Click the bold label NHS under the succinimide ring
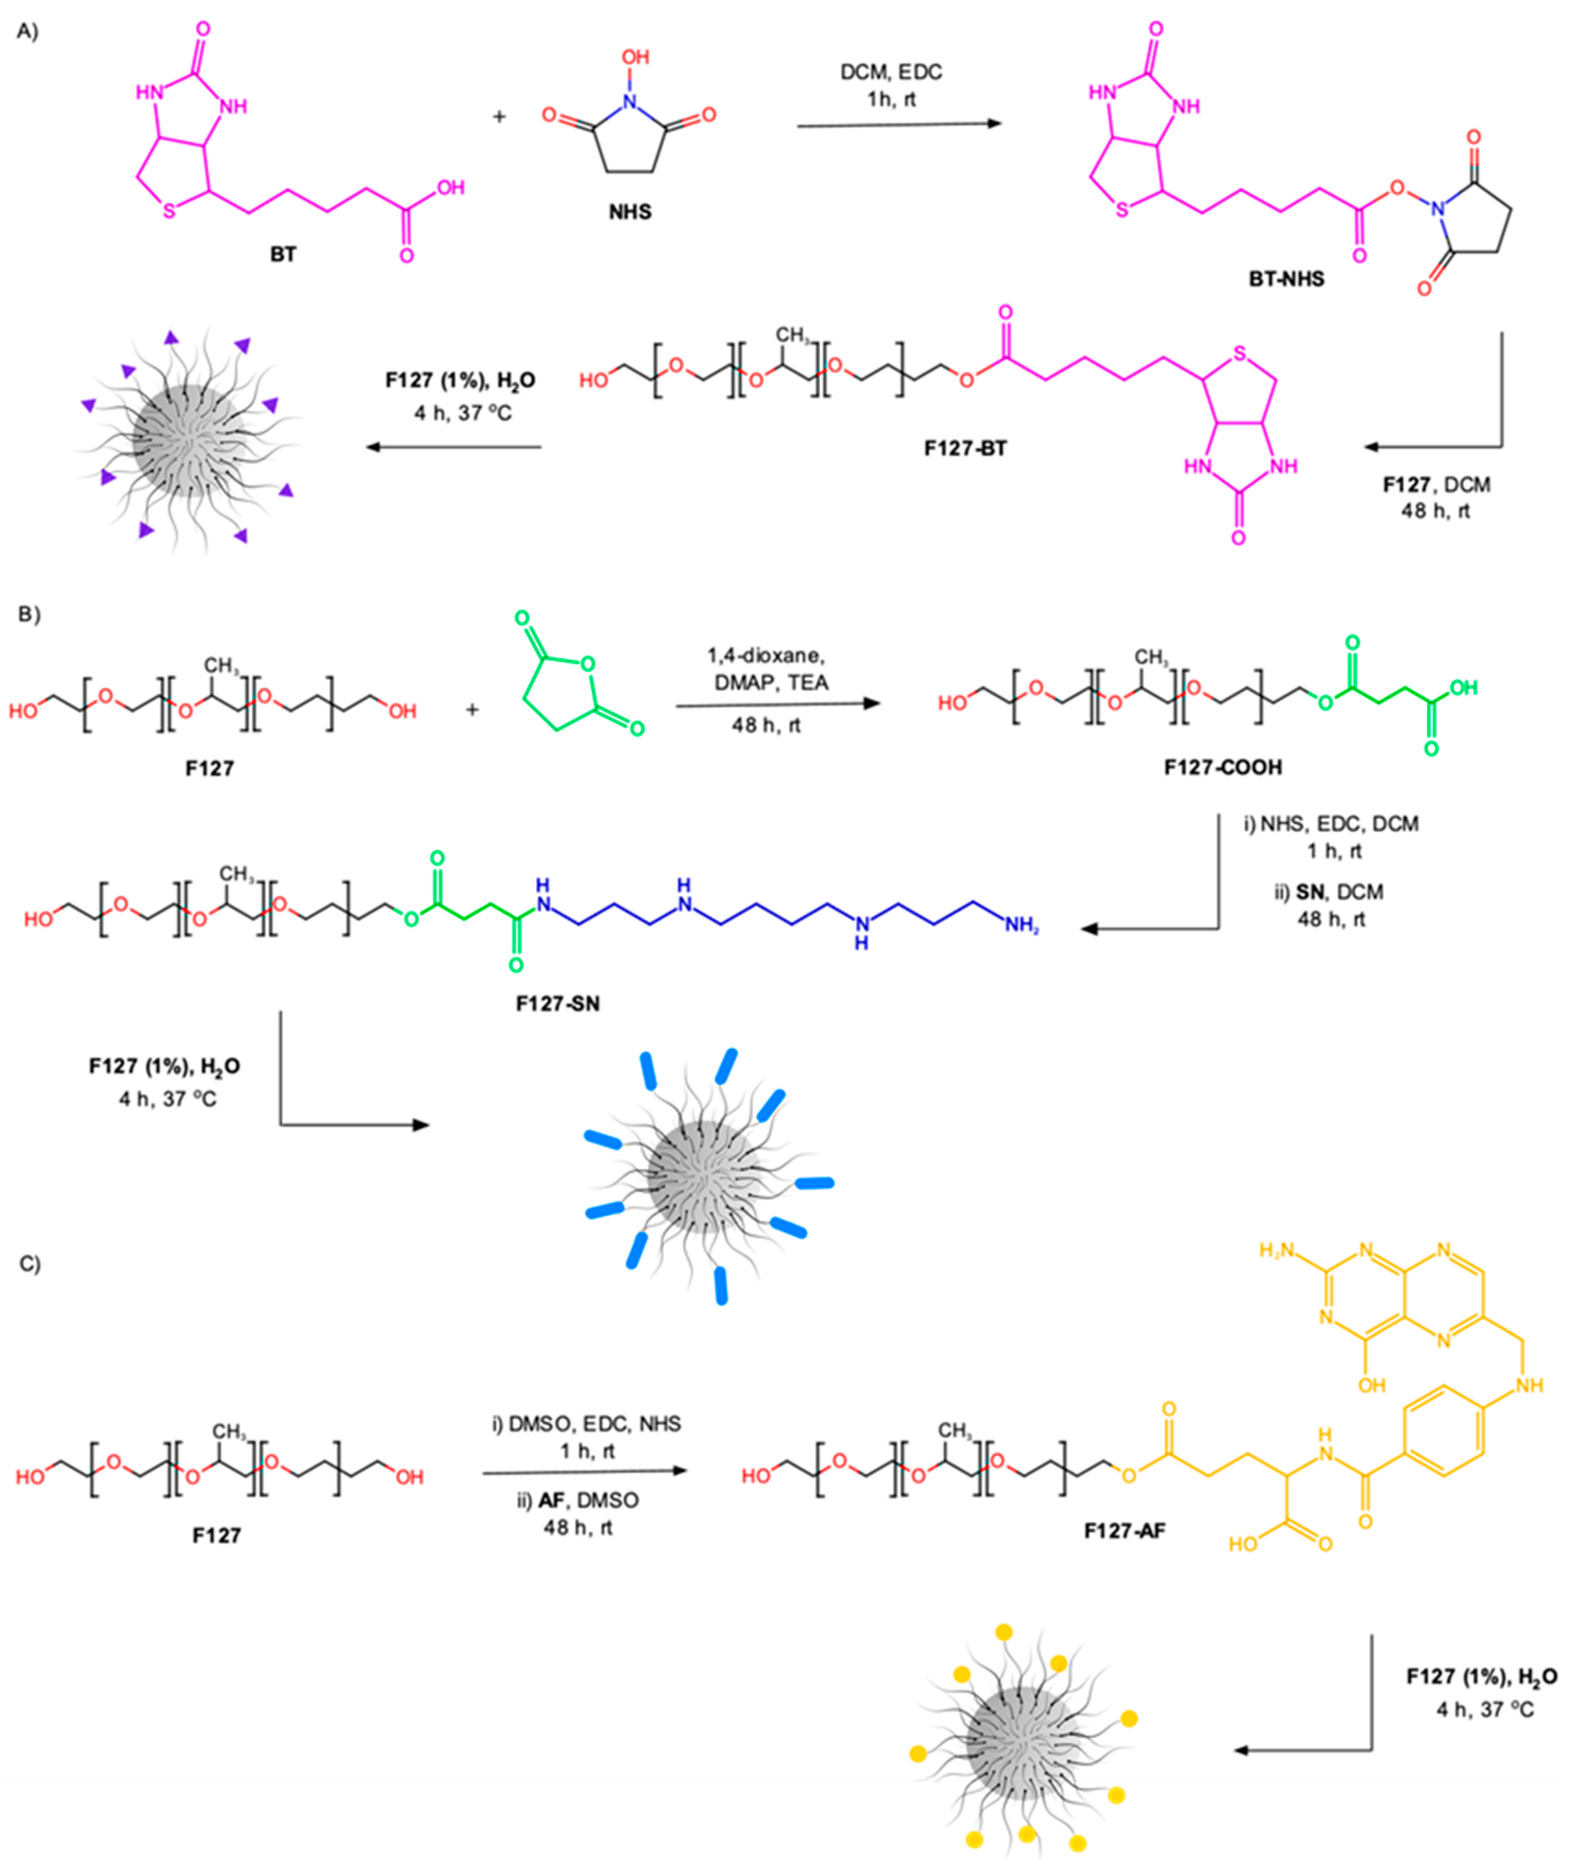[630, 212]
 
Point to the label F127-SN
[557, 1004]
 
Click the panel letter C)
[29, 1264]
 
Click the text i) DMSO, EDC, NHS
[587, 1424]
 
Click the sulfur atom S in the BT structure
[169, 212]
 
